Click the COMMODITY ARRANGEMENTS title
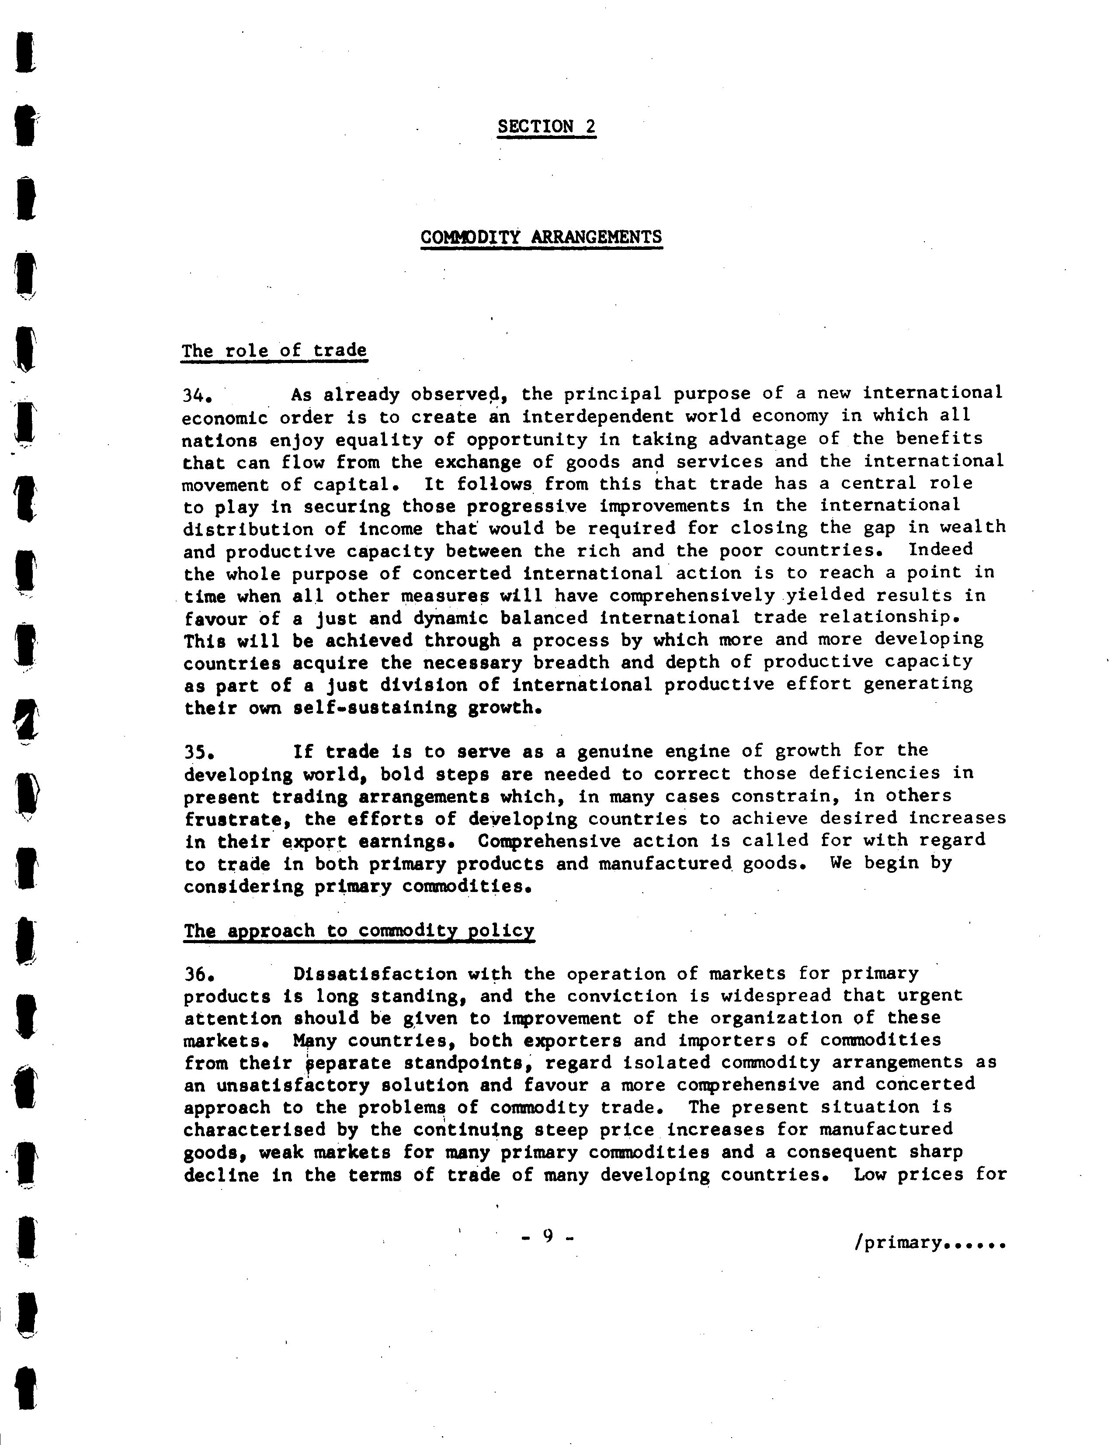(541, 237)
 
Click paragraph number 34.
(196, 395)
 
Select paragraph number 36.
(198, 975)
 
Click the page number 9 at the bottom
(547, 1235)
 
